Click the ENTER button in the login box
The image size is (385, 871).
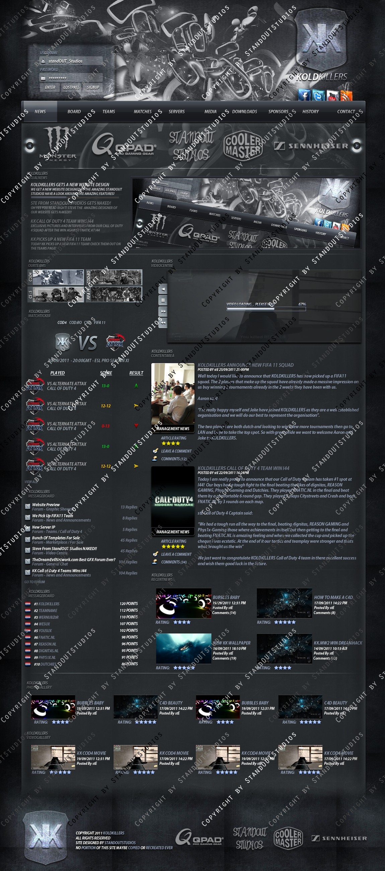[x=50, y=87]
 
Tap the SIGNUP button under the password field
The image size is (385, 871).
[x=93, y=87]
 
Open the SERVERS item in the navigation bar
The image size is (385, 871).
[x=176, y=112]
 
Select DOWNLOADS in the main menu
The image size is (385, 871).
[x=244, y=112]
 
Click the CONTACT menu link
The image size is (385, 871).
[x=346, y=112]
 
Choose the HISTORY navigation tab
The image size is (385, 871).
[x=310, y=112]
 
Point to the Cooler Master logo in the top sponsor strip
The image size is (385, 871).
[x=243, y=145]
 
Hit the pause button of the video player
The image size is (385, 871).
[x=163, y=300]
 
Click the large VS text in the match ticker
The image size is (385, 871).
[x=88, y=343]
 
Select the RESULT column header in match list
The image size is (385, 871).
[x=136, y=373]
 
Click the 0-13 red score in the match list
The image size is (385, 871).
[x=105, y=426]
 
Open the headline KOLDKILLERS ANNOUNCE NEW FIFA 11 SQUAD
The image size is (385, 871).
[x=245, y=365]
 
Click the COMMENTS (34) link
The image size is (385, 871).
[x=174, y=562]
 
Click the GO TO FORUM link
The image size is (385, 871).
[x=34, y=582]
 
